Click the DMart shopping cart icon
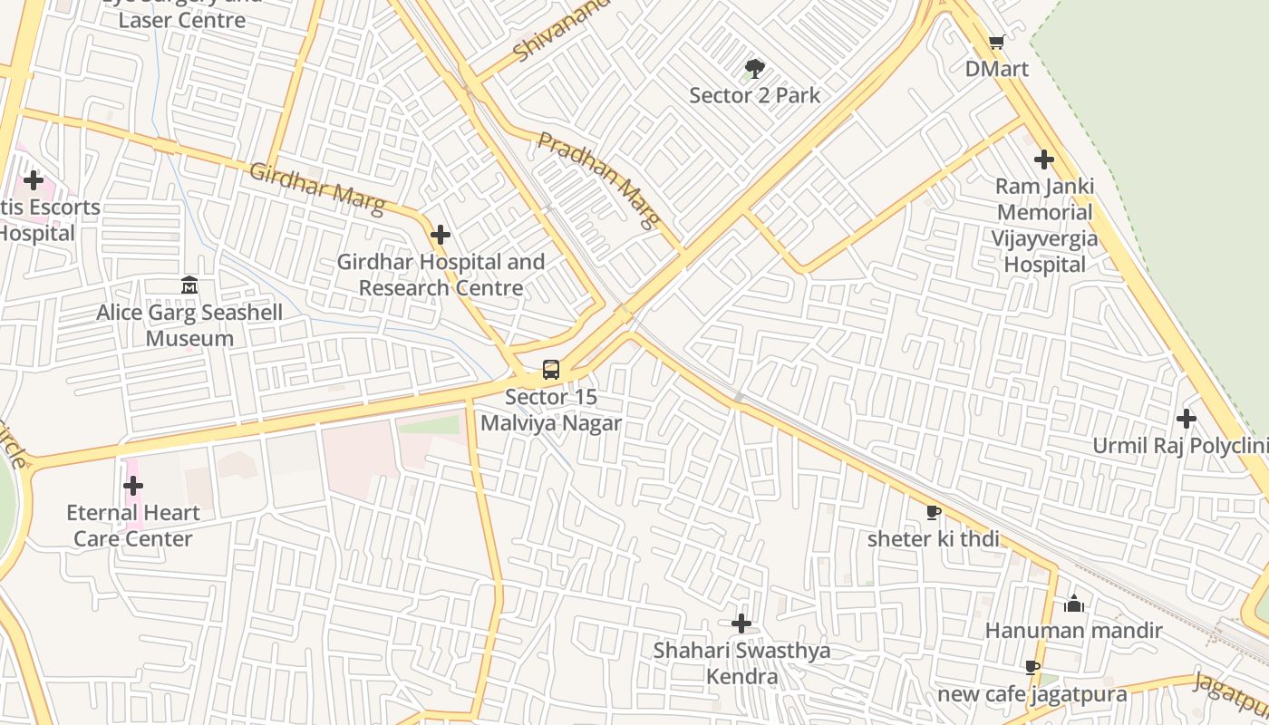tap(996, 42)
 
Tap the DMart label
tap(996, 69)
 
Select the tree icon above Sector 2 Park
tap(754, 68)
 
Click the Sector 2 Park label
tap(754, 95)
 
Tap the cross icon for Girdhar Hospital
tap(441, 235)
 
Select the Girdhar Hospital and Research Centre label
tap(441, 275)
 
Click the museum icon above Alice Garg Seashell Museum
tap(189, 285)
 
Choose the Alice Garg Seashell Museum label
tap(189, 325)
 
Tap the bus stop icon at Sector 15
tap(551, 370)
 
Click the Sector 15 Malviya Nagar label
tap(551, 410)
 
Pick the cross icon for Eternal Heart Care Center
tap(133, 486)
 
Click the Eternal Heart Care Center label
tap(133, 526)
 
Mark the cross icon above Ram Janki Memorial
tap(1044, 159)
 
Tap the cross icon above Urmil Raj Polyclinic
tap(1186, 419)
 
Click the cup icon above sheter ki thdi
tap(933, 513)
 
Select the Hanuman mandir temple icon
tap(1074, 604)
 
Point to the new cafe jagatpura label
tap(1032, 694)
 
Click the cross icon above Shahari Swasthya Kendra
tap(741, 623)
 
